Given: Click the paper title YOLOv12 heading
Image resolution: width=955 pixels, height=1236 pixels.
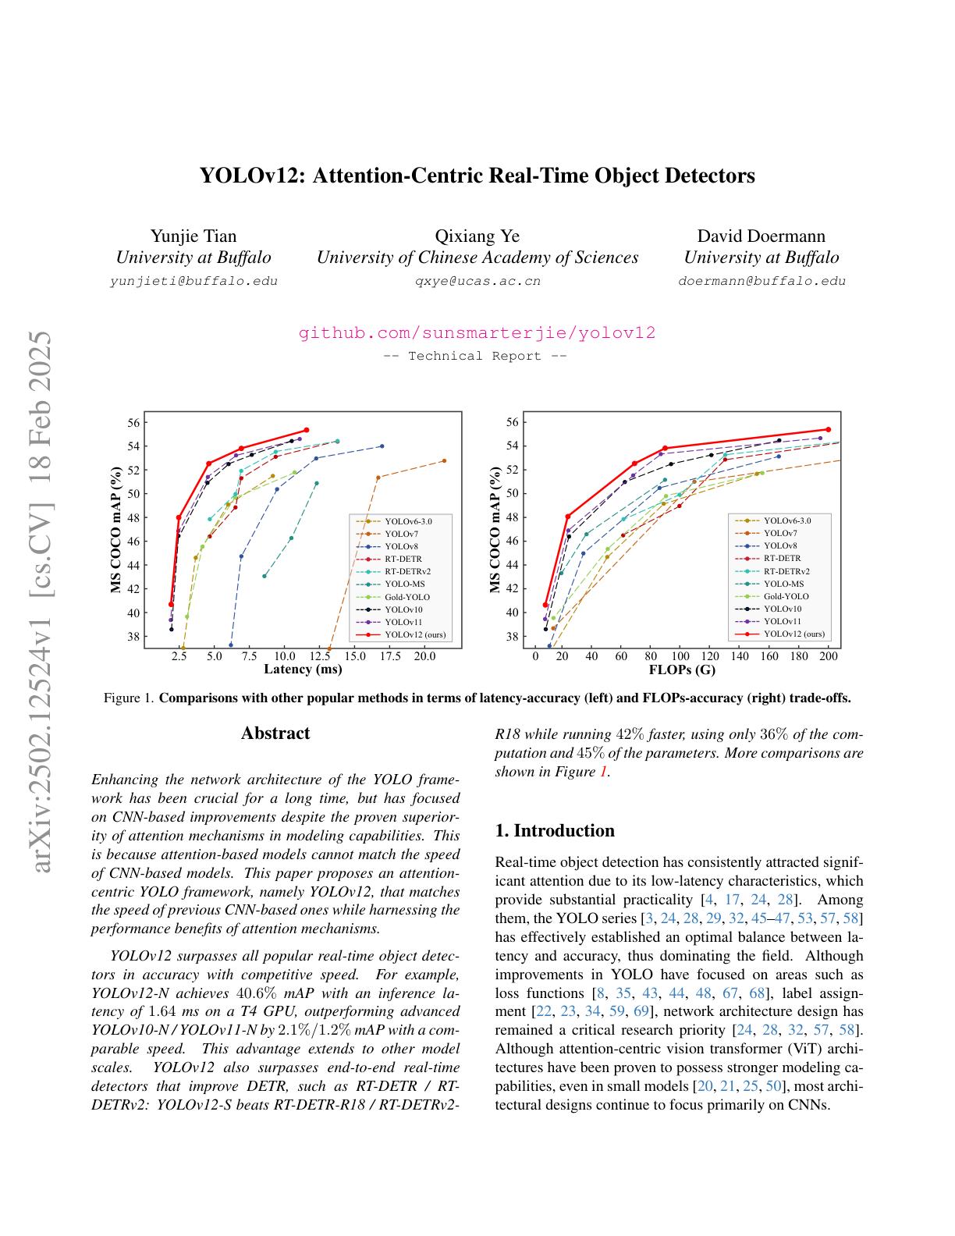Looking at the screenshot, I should click(x=477, y=176).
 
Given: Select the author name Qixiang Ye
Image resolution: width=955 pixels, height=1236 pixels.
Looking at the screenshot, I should click(x=477, y=236).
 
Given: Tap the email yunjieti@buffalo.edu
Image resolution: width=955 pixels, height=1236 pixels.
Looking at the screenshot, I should click(x=193, y=281).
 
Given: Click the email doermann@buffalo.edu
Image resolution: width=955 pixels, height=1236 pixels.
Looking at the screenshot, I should click(x=762, y=281).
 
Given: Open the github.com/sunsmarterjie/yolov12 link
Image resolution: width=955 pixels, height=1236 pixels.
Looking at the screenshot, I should click(x=477, y=333).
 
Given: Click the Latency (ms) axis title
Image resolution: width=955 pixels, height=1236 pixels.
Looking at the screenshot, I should click(x=303, y=669).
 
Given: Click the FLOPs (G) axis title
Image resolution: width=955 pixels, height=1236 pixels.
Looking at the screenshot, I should click(x=682, y=669).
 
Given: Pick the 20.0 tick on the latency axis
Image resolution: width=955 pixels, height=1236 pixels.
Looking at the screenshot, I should click(x=424, y=657).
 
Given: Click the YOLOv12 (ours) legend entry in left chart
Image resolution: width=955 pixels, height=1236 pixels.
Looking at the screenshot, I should click(x=414, y=634).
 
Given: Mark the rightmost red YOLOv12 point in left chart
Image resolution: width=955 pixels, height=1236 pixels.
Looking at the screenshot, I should click(x=306, y=430).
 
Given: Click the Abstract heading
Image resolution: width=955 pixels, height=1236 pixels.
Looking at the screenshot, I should click(x=275, y=733).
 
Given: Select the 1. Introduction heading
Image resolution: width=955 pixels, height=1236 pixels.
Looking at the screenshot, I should click(x=555, y=830).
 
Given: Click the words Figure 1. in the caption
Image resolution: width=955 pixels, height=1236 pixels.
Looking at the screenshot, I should click(x=129, y=698).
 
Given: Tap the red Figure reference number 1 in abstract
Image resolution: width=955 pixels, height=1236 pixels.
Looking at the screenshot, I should click(x=602, y=772).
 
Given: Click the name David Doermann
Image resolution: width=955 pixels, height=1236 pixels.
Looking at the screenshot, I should click(x=761, y=236).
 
